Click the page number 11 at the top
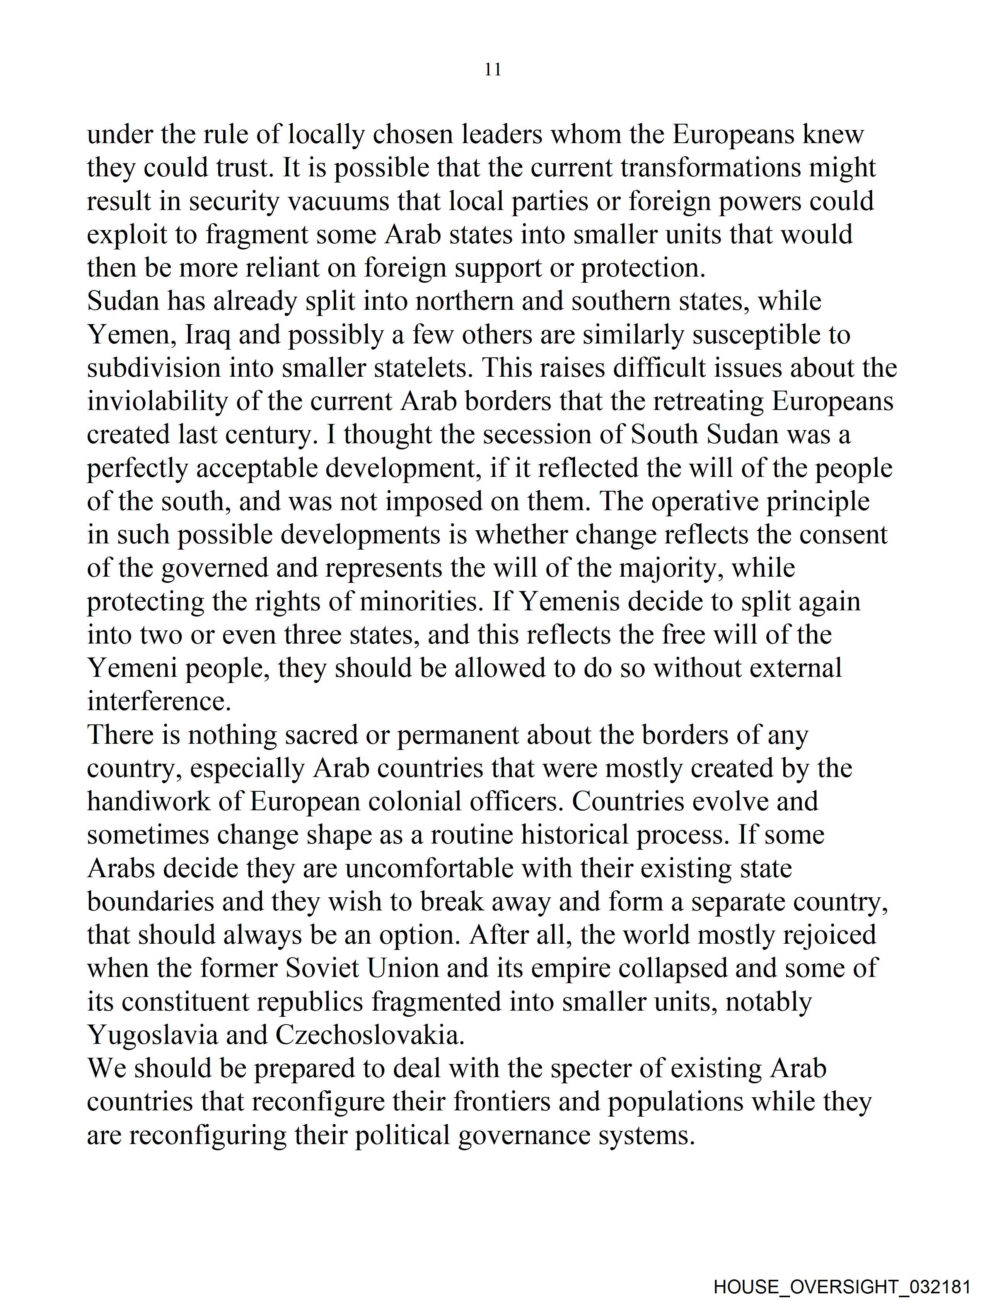pyautogui.click(x=493, y=70)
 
